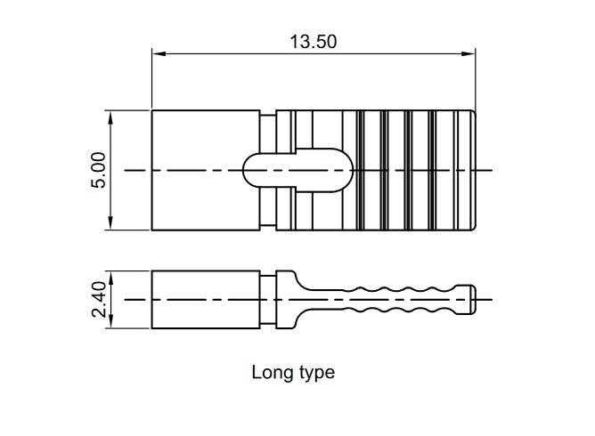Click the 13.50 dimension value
tap(313, 41)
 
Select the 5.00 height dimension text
tap(98, 170)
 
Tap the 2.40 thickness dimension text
tap(98, 299)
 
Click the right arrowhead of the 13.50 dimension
tap(468, 53)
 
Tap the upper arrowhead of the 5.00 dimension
tap(110, 118)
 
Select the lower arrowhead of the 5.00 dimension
tap(110, 222)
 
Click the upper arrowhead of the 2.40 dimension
tap(110, 278)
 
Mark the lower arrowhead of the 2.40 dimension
tap(110, 321)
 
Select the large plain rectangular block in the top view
tap(206, 170)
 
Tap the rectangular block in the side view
tap(206, 300)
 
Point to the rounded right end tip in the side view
tap(475, 300)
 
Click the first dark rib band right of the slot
tap(361, 170)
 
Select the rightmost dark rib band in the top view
tap(432, 170)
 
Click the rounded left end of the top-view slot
tap(243, 170)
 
